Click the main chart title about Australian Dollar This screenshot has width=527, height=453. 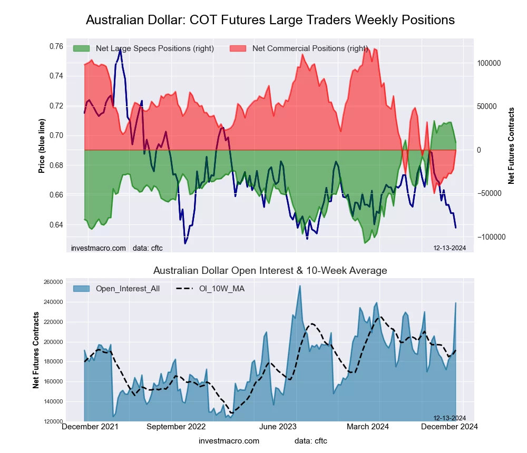click(x=270, y=20)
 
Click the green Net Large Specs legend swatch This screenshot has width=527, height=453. click(x=82, y=48)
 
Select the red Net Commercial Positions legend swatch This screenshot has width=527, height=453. click(x=238, y=48)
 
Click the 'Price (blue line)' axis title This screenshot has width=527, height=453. click(x=42, y=146)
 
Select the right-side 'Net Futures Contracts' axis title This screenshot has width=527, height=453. click(x=511, y=146)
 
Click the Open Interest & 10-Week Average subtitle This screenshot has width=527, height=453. click(x=270, y=271)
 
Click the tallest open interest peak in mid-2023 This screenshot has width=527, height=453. click(x=300, y=286)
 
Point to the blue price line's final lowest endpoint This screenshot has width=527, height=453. click(x=456, y=228)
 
